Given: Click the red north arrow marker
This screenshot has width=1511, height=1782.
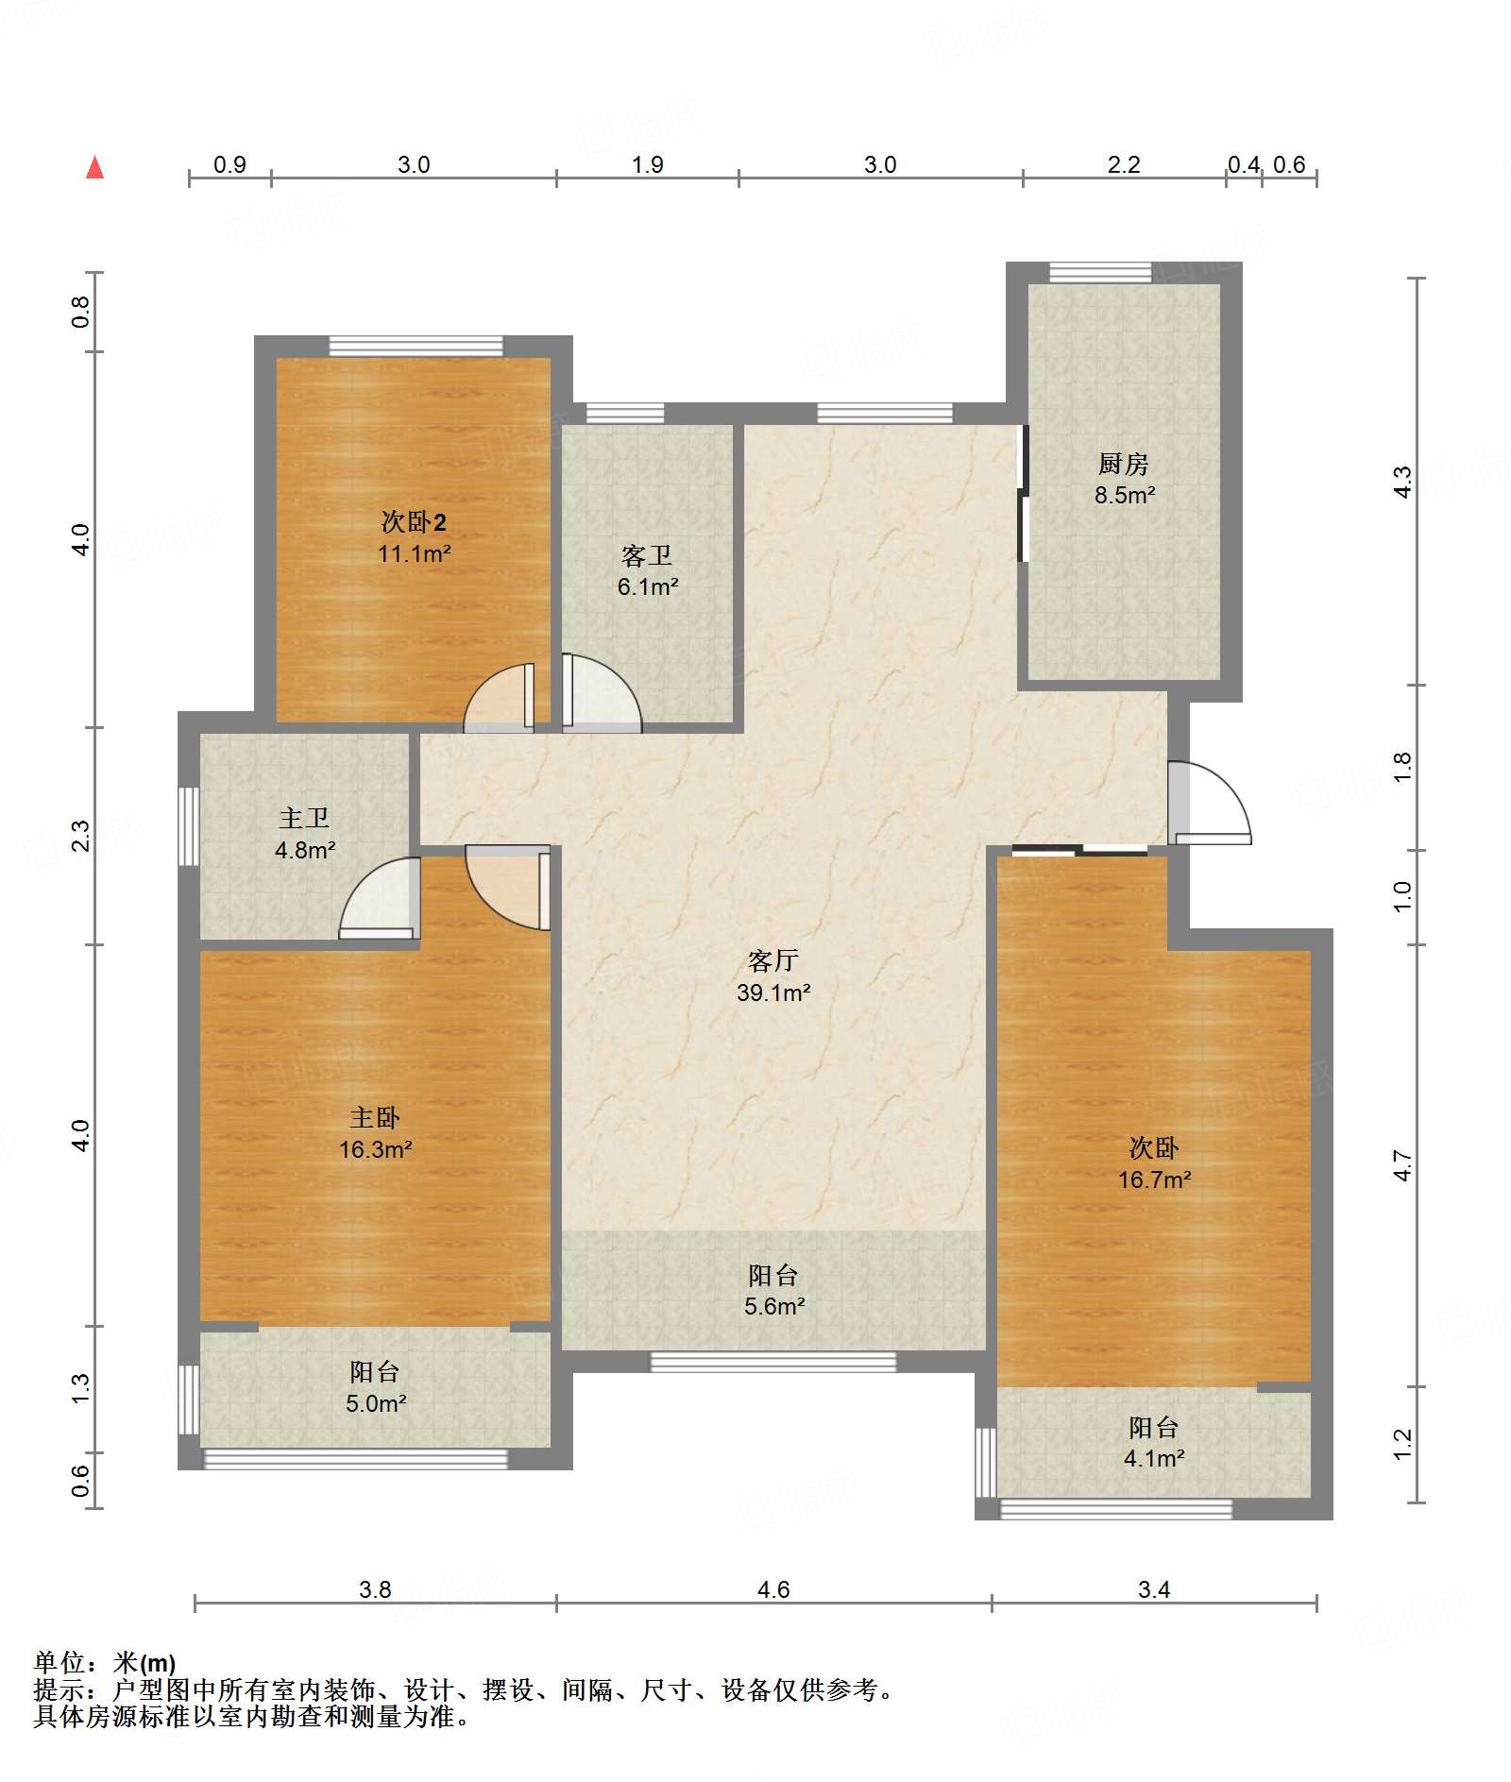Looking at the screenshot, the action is point(94,167).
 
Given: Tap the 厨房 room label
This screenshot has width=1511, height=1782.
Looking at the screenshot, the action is point(1123,464).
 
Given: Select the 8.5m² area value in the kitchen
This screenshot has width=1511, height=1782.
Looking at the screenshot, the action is point(1125,495).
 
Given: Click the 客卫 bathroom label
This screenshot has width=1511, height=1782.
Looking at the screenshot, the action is point(647,555).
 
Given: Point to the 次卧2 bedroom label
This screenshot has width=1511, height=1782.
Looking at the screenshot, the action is point(414,521).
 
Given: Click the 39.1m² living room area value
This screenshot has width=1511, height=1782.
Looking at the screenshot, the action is point(773,993).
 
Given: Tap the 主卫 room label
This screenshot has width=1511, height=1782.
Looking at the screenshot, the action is point(304,818).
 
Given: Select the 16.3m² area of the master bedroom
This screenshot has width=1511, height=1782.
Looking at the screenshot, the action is point(376,1149).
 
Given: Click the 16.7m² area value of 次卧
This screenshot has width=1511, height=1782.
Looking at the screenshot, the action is point(1154,1180).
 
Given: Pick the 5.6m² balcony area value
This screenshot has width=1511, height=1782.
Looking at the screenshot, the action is point(774,1306).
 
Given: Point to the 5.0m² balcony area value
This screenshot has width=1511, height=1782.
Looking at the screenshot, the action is point(376,1403).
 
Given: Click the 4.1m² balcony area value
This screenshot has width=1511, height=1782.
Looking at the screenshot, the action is point(1154,1458).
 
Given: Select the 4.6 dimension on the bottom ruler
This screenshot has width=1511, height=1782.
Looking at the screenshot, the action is point(773,1589).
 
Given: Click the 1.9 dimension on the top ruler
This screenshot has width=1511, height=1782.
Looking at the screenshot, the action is point(647,164).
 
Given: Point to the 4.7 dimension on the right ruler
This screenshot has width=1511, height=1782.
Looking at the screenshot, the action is point(1402,1166).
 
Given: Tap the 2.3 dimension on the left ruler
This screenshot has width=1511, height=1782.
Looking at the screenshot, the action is point(81,836).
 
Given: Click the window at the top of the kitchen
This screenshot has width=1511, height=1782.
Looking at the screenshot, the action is point(1100,273).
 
